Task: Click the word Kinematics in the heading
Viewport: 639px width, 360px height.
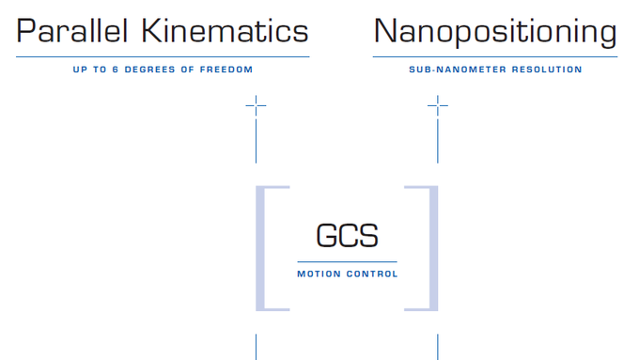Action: tap(225, 32)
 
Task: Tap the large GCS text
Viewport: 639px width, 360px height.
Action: tap(347, 235)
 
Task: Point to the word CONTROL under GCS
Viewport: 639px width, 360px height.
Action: tap(371, 274)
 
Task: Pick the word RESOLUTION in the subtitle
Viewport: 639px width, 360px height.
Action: tap(545, 70)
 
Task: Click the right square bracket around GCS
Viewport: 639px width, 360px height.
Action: tap(432, 247)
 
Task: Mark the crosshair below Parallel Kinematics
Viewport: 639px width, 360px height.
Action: tap(256, 106)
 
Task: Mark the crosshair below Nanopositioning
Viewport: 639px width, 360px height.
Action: tap(437, 106)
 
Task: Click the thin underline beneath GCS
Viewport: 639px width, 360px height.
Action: tap(347, 261)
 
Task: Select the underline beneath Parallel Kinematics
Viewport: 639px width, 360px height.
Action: tap(163, 57)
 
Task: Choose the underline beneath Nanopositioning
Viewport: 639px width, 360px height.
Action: tap(495, 57)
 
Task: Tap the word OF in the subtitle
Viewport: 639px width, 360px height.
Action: tap(189, 70)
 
